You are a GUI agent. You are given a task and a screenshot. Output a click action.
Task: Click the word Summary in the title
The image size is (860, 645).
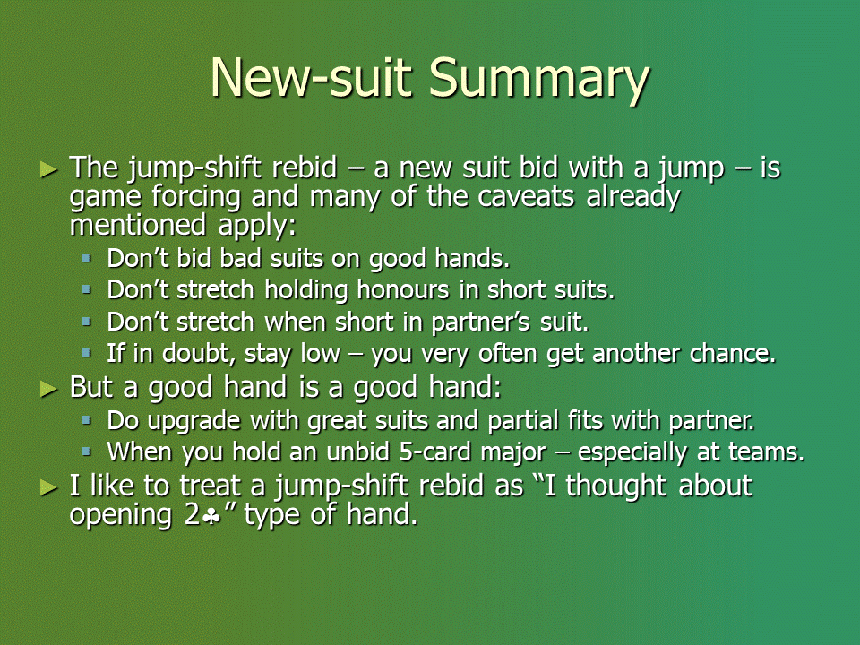coord(539,80)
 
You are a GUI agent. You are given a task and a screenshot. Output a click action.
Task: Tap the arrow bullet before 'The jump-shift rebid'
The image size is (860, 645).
coord(48,170)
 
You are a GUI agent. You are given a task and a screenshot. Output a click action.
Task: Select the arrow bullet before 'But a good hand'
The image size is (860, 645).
coord(48,390)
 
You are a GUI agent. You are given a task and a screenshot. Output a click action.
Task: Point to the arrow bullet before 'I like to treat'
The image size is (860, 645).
coord(48,487)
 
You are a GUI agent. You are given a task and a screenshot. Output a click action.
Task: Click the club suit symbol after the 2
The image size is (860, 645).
coord(211,517)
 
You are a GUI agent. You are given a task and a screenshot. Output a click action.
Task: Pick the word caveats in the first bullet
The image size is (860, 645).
coord(526,196)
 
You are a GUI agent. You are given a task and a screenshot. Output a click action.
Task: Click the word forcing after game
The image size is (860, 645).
coord(196,198)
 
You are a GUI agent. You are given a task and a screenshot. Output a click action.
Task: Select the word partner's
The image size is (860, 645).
coord(480,322)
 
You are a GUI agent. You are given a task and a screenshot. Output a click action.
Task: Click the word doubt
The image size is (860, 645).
coord(199,353)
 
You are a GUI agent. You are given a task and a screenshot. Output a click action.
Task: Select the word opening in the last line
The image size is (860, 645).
coord(121,517)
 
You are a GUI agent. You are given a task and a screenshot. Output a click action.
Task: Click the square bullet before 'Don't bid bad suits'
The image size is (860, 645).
coord(86,257)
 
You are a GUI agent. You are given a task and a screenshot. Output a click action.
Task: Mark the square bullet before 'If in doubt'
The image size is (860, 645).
coord(86,353)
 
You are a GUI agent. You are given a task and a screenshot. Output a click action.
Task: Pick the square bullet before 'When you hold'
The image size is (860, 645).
coord(86,451)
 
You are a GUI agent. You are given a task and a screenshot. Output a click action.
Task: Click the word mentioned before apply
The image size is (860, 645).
coord(138,225)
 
